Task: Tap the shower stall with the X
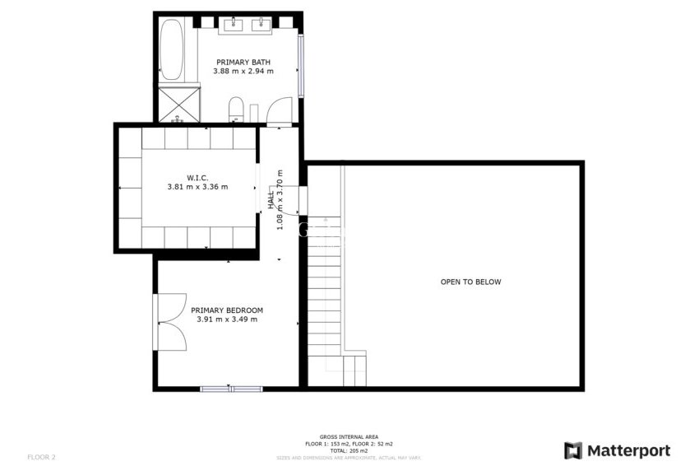pyautogui.click(x=178, y=103)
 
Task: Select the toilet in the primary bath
pyautogui.click(x=235, y=107)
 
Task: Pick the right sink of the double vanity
pyautogui.click(x=265, y=22)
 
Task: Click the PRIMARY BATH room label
pyautogui.click(x=243, y=63)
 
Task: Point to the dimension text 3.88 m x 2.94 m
pyautogui.click(x=243, y=72)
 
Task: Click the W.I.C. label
pyautogui.click(x=197, y=177)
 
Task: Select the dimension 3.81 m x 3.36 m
pyautogui.click(x=197, y=187)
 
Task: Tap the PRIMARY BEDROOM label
pyautogui.click(x=227, y=310)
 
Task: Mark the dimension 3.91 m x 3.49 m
pyautogui.click(x=227, y=319)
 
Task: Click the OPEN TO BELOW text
pyautogui.click(x=470, y=282)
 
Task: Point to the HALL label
pyautogui.click(x=271, y=198)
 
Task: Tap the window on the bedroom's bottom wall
pyautogui.click(x=231, y=388)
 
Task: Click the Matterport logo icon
pyautogui.click(x=573, y=450)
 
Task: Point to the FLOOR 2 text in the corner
pyautogui.click(x=41, y=456)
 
